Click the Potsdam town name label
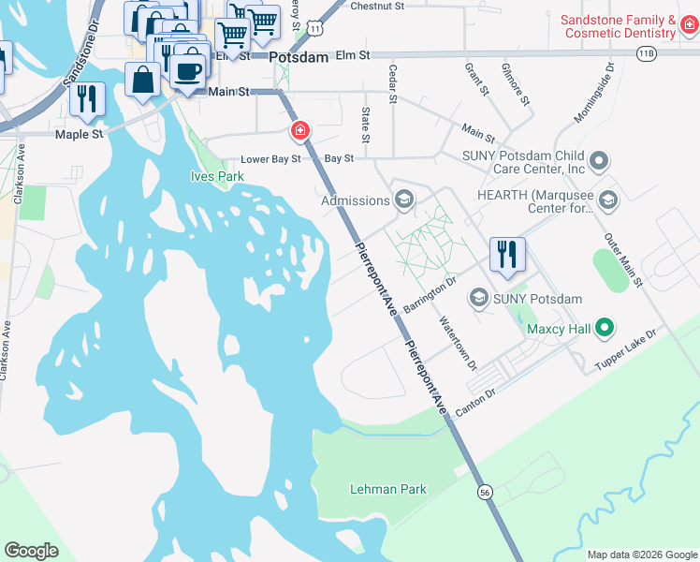coord(299,57)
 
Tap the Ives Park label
coord(217,176)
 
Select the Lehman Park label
coord(387,489)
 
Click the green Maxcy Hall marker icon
coord(605,328)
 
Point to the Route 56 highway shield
coord(484,492)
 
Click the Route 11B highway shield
coord(647,54)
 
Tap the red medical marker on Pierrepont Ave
coord(300,131)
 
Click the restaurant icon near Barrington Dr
coord(507,254)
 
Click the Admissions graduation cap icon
coord(404,199)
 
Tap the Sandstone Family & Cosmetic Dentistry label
coord(619,26)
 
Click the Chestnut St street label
coord(376,6)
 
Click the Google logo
coord(31,551)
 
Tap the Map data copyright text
coord(640,555)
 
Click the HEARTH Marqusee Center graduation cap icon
coord(608,199)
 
